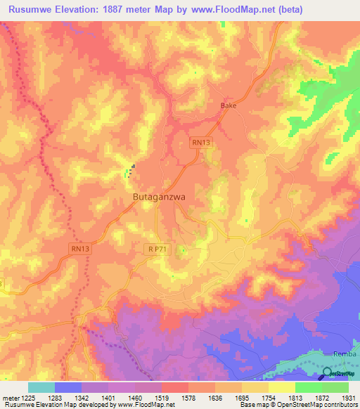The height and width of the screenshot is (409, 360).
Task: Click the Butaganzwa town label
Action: (159, 197)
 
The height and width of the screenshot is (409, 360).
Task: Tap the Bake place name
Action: (229, 105)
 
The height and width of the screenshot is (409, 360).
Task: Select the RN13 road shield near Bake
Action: (201, 142)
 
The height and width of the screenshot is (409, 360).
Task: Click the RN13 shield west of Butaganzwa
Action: (79, 248)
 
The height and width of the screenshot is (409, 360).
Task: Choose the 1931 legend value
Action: (348, 398)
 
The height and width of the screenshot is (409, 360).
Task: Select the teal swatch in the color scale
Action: (41, 387)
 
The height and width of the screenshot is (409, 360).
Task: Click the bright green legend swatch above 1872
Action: (308, 387)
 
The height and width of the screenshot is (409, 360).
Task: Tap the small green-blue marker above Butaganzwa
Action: (129, 170)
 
